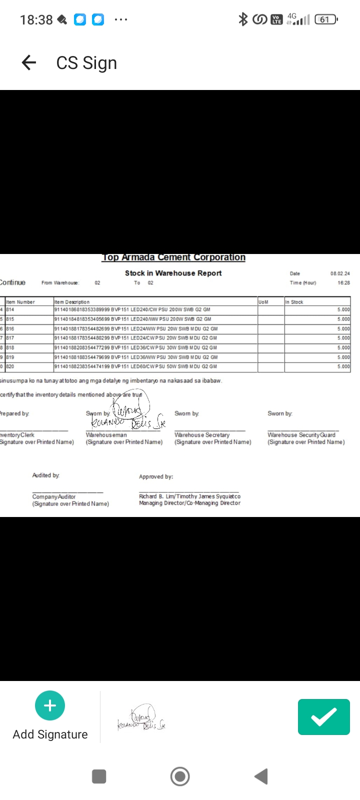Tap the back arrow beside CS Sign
coord(29,62)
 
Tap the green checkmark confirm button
coord(323,717)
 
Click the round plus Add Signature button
coord(50,705)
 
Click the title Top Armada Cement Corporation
coord(173,257)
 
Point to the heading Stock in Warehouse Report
coord(173,273)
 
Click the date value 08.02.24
coord(340,273)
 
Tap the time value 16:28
coord(343,283)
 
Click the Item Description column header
coord(72,302)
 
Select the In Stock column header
coord(294,302)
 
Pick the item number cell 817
coord(10,338)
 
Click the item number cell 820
coord(10,366)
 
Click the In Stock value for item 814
coord(343,310)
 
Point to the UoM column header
coord(263,302)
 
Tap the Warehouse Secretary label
coord(202,435)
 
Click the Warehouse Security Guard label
coord(301,435)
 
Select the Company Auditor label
coord(54,496)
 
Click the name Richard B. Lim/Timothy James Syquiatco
coord(189,496)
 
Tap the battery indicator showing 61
coord(326,19)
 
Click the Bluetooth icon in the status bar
coord(243,19)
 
